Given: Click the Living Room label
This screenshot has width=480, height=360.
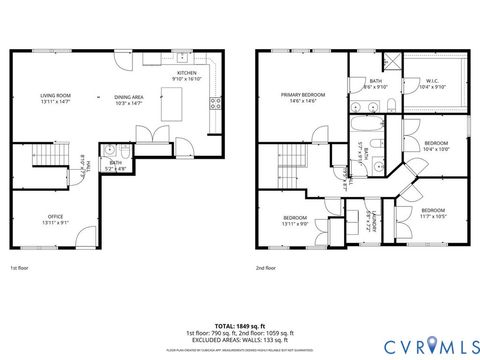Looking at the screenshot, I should tap(56, 98).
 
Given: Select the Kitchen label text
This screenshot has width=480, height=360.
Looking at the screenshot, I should tap(187, 76).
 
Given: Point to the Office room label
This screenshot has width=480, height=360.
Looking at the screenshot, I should tap(55, 219).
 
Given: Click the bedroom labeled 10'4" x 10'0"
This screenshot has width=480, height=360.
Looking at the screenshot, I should tap(437, 147).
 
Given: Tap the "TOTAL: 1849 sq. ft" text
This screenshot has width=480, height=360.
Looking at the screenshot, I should tap(240, 326).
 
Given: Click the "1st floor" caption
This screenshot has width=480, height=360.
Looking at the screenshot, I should tap(20, 268).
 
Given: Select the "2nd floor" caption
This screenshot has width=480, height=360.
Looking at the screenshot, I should tap(266, 268).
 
